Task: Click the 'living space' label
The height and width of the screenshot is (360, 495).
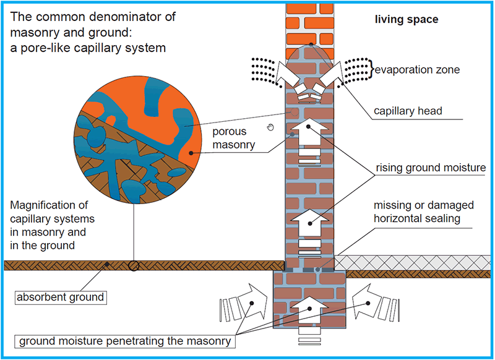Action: click(x=407, y=20)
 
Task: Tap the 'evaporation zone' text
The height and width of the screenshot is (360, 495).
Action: click(x=418, y=70)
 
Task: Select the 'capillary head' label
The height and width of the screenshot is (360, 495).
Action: click(x=408, y=112)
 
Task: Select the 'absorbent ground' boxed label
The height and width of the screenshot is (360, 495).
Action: click(x=61, y=297)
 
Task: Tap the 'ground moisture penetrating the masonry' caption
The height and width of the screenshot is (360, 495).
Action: click(x=125, y=341)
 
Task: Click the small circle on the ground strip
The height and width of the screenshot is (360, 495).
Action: click(x=133, y=265)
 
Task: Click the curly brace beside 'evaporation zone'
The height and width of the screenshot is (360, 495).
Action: click(x=370, y=70)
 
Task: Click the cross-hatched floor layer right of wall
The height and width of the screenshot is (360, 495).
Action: click(x=415, y=260)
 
